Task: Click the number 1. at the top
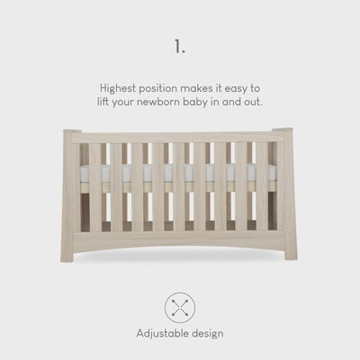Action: (180, 47)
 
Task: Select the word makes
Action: (194, 88)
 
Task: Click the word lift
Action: (103, 102)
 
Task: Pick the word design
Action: (208, 334)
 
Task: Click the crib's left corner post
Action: (69, 195)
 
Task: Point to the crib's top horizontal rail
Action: (177, 138)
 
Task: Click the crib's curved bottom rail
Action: (179, 240)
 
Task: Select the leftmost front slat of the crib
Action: (95, 187)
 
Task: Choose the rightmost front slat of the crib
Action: (262, 186)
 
